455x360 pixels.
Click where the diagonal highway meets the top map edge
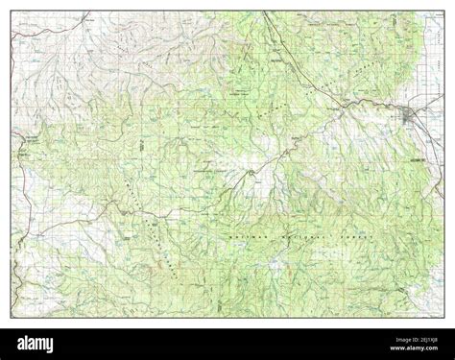point(263,12)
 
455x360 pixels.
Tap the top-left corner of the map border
point(12,12)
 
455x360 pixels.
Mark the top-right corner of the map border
point(443,12)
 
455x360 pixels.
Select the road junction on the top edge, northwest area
point(86,13)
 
